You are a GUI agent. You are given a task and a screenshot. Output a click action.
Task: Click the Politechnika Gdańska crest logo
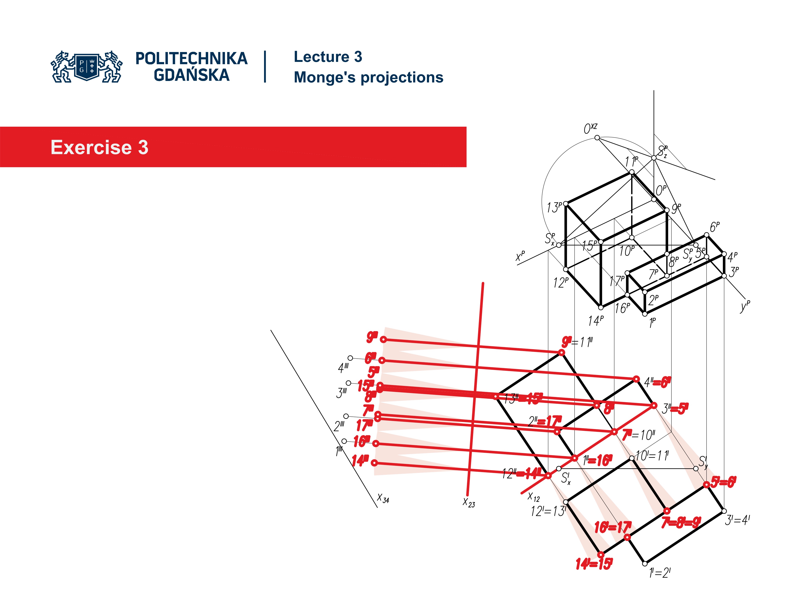click(87, 67)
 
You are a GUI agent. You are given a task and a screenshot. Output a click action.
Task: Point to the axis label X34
click(383, 498)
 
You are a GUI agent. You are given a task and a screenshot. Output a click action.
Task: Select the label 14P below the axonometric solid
click(595, 321)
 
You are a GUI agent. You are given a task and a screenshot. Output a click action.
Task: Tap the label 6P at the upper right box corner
click(714, 227)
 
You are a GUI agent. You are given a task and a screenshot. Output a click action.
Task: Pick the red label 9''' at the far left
click(372, 337)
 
